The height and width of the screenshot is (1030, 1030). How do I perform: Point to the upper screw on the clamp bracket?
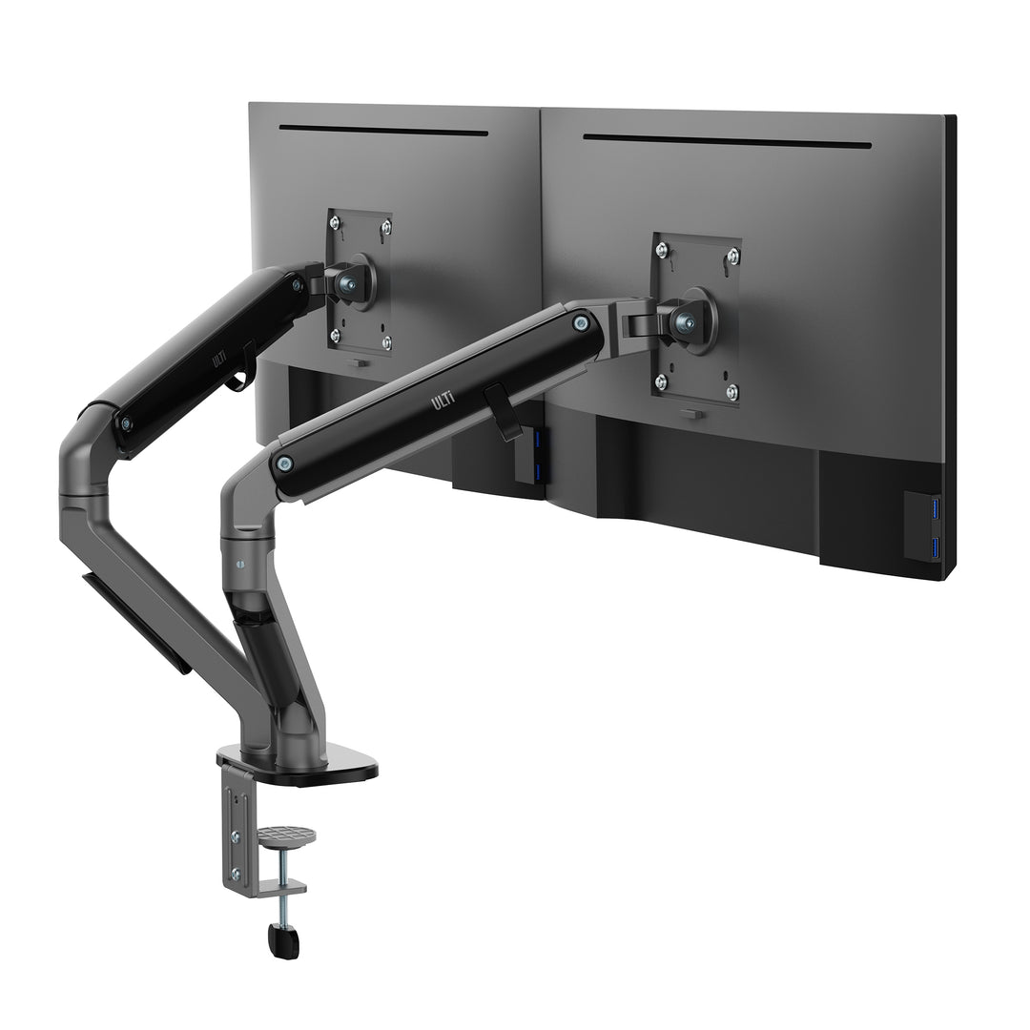236,835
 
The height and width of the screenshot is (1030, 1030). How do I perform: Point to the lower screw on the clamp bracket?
236,873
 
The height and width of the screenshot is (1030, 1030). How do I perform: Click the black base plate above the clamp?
324,764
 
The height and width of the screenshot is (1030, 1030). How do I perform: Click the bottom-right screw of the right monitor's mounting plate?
731,390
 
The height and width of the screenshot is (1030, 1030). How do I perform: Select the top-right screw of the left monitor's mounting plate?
385,227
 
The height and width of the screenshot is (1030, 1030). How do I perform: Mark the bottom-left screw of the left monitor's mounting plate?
335,335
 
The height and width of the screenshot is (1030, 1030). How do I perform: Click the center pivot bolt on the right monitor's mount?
685,321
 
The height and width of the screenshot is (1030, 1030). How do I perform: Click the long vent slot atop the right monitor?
727,141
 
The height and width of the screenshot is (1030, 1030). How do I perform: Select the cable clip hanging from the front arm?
503,410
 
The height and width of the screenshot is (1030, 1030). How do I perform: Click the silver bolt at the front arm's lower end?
284,463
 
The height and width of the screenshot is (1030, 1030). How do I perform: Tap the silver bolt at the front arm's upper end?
580,322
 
